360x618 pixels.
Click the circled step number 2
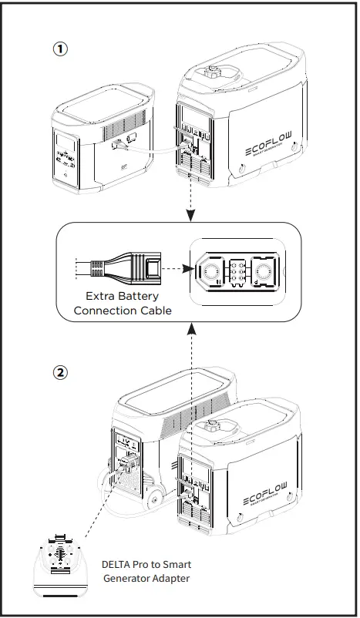[60, 372]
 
